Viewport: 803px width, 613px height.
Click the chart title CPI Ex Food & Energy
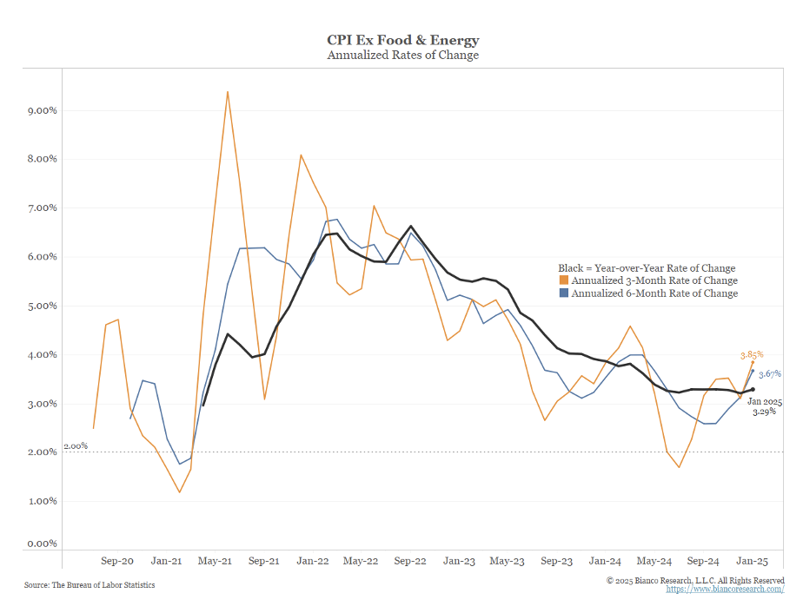tap(402, 40)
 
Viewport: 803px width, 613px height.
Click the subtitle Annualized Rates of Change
tap(402, 55)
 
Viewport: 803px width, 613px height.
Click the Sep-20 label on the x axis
tap(117, 561)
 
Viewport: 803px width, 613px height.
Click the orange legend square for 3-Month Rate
tap(563, 280)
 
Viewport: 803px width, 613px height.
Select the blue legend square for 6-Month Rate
tap(563, 293)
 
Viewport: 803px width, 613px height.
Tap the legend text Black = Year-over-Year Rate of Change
tap(647, 268)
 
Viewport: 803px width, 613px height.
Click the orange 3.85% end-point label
tap(751, 354)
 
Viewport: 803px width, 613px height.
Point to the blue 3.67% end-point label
tap(769, 373)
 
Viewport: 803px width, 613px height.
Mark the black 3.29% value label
tap(764, 412)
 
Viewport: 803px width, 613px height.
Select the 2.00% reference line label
tap(76, 445)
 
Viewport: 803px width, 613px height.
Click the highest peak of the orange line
tap(228, 91)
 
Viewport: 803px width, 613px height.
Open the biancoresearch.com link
tap(725, 589)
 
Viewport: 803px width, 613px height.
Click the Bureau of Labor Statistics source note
tap(90, 585)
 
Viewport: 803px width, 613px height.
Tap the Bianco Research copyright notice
tap(695, 579)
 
